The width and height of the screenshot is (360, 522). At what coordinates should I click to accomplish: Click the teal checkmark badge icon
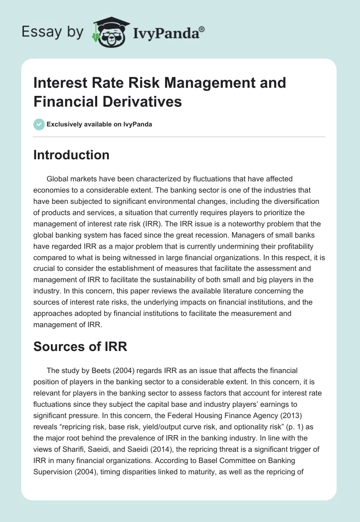pyautogui.click(x=39, y=124)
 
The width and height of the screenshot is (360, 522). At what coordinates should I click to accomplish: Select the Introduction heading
pyautogui.click(x=71, y=155)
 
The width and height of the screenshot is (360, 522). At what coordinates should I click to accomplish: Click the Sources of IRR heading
pyautogui.click(x=81, y=347)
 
